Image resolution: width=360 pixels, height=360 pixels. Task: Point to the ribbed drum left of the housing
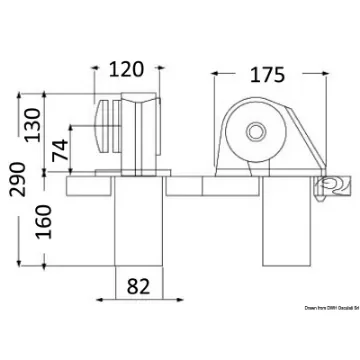[105, 133]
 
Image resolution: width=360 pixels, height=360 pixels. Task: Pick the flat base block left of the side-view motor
[186, 185]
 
